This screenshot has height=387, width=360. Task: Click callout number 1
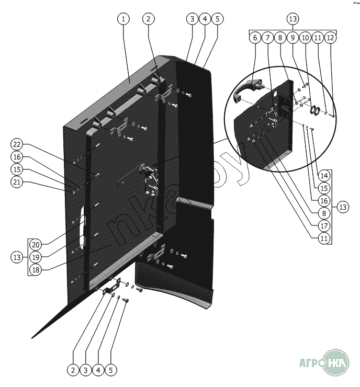[123, 19]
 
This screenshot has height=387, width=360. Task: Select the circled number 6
[255, 38]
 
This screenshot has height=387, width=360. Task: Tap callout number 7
[267, 38]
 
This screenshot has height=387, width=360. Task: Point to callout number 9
[292, 38]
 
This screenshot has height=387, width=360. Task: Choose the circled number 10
[305, 38]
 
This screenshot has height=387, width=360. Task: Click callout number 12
[330, 38]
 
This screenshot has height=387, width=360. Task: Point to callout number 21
[17, 182]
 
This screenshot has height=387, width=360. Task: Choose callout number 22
[17, 144]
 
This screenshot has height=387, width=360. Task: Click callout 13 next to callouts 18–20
[17, 257]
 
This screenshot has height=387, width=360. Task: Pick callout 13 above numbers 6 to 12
[292, 19]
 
